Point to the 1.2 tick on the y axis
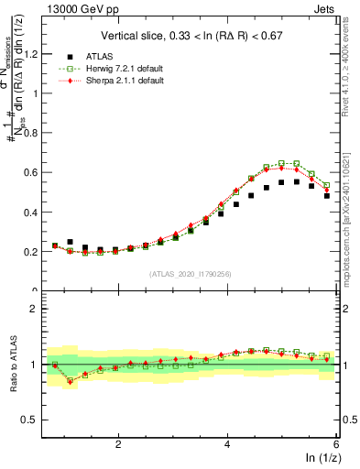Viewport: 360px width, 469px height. (36, 53)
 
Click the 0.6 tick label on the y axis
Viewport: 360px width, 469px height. (36, 172)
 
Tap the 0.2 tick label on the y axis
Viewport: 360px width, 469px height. (36, 252)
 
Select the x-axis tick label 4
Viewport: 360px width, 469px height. (227, 444)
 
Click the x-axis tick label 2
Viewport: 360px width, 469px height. (118, 444)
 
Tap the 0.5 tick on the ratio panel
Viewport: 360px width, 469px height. (35, 420)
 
